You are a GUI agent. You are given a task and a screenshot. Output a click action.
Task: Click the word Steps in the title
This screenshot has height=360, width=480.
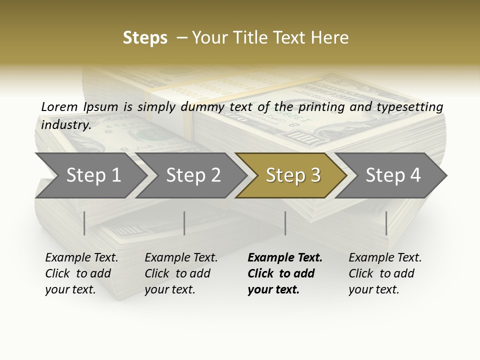tap(145, 38)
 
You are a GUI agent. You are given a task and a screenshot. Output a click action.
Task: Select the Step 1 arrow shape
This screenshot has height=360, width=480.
tap(92, 175)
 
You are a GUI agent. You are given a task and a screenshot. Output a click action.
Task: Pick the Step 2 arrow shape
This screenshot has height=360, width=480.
tap(192, 175)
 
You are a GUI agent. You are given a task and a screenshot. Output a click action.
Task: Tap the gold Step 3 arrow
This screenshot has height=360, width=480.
tap(292, 175)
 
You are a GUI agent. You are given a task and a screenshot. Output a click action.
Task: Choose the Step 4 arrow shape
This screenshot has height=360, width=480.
tap(393, 175)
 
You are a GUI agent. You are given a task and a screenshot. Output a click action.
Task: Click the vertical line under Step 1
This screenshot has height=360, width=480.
tap(84, 223)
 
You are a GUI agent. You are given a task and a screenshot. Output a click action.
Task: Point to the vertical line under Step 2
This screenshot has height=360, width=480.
tap(184, 223)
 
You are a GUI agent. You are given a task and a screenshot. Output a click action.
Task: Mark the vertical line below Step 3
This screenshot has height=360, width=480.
tap(285, 223)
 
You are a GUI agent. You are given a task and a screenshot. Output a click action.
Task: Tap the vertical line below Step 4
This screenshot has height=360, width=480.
tap(386, 223)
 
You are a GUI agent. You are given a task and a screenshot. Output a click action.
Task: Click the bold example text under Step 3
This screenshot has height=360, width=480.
tap(284, 273)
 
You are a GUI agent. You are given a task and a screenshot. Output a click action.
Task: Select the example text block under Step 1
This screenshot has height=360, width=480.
tap(81, 273)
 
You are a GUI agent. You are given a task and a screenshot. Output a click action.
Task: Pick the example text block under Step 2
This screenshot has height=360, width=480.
tap(181, 273)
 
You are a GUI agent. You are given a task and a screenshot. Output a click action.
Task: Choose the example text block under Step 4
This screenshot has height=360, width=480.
tap(385, 273)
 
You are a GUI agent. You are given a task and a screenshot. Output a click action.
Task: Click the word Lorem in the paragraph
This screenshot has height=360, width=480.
tap(59, 106)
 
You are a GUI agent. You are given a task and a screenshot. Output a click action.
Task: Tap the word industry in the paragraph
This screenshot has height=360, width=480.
tap(65, 124)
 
